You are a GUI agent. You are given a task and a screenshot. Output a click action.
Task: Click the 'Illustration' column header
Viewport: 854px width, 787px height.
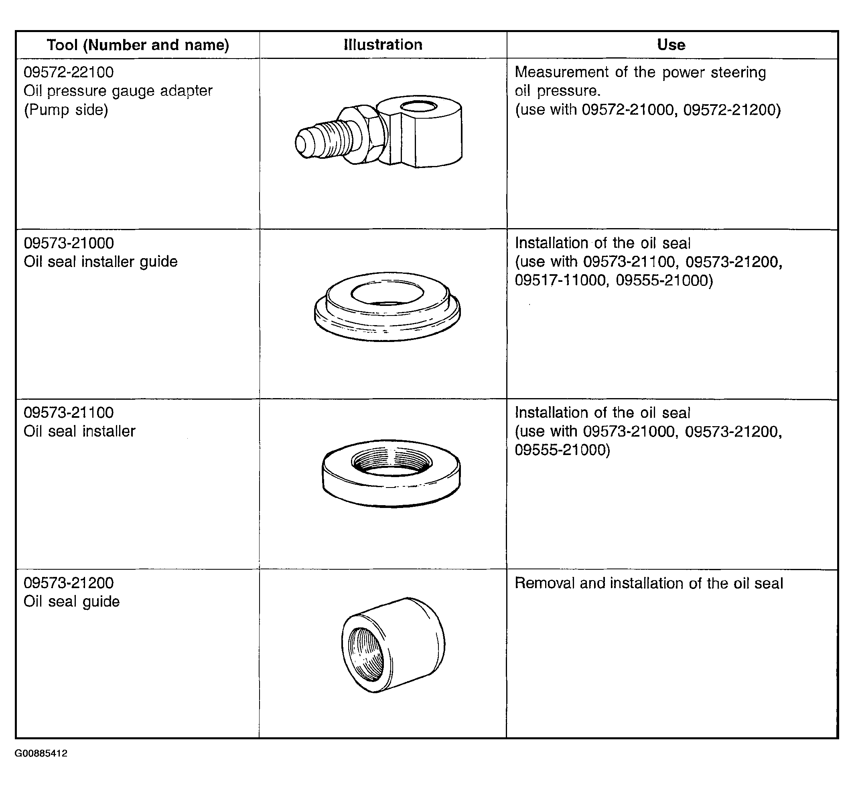coord(383,45)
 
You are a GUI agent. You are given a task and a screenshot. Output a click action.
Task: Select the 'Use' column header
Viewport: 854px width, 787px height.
coord(671,45)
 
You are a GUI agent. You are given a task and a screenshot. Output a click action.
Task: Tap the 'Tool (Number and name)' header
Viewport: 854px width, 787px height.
coord(138,45)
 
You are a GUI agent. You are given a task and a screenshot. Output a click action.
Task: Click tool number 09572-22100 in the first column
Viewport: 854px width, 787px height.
coord(69,72)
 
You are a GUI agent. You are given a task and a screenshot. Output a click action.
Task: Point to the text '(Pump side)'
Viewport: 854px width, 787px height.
coord(66,110)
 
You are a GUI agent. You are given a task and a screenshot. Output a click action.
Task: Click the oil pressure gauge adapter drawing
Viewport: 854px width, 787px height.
coord(378,131)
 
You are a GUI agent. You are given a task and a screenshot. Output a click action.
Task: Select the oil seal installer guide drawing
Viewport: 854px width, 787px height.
coord(387,306)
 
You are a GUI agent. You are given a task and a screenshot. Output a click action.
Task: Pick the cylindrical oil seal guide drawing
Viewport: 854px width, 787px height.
coord(393,645)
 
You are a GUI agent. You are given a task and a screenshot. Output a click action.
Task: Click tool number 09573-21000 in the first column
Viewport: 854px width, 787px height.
coord(69,243)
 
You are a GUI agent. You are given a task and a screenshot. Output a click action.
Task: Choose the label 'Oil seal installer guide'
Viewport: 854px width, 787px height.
coord(101,261)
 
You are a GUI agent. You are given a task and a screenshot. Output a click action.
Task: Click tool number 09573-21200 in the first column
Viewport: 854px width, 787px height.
coord(69,583)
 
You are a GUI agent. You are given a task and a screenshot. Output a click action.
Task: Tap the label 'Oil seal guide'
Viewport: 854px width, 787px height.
coord(71,601)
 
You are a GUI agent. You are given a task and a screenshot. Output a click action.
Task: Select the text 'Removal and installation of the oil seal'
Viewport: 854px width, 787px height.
coord(649,583)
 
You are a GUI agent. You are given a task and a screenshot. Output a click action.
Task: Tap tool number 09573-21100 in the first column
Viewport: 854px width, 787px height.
coord(69,412)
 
